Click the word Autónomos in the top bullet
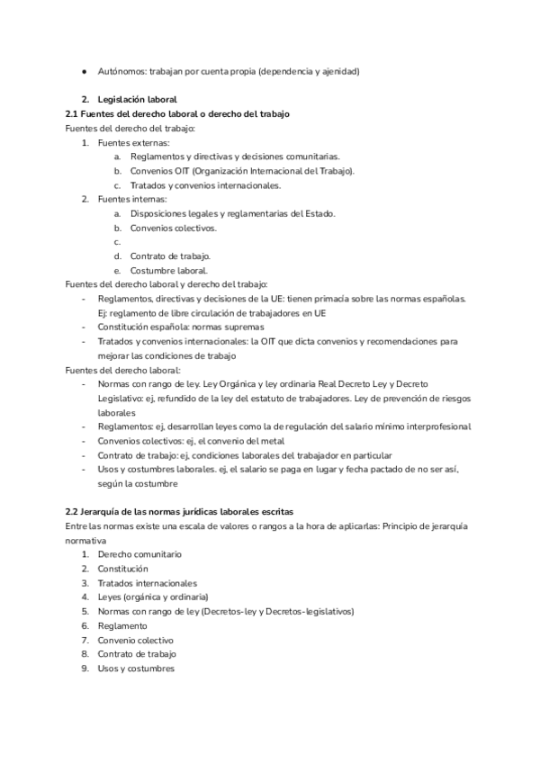pyautogui.click(x=121, y=70)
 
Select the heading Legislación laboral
pyautogui.click(x=138, y=99)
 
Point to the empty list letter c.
pyautogui.click(x=116, y=242)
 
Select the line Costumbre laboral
pyautogui.click(x=168, y=270)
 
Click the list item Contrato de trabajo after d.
pyautogui.click(x=169, y=256)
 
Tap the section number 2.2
pyautogui.click(x=73, y=511)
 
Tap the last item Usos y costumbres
pyautogui.click(x=135, y=668)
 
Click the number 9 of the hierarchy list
pyautogui.click(x=84, y=668)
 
